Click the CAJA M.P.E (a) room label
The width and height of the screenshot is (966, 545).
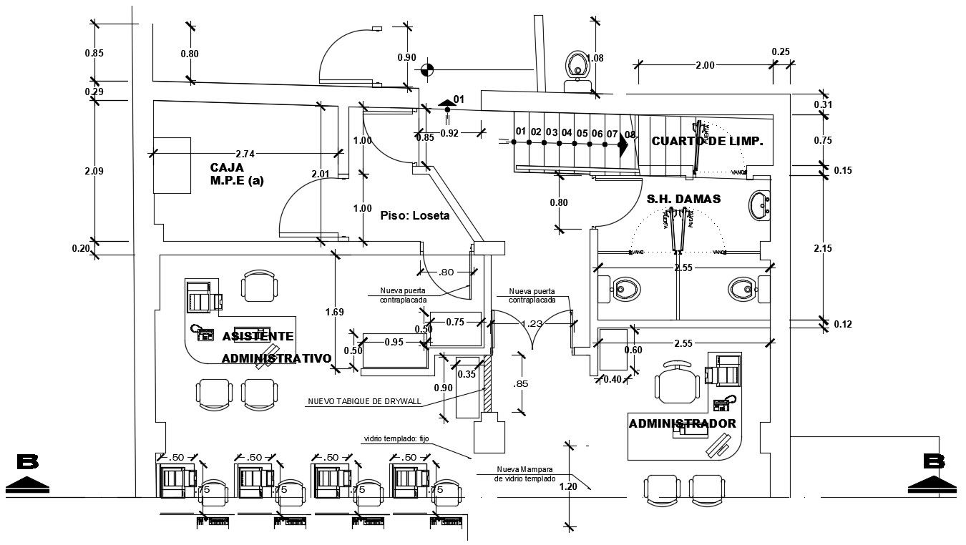236,174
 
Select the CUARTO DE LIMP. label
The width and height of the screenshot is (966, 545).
707,142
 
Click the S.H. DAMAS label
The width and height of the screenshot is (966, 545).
683,199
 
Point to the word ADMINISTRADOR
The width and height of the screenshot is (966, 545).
682,423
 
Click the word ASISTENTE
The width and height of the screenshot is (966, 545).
258,336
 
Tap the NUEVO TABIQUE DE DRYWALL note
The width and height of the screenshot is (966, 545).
364,401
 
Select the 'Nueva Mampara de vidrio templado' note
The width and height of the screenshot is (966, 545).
525,473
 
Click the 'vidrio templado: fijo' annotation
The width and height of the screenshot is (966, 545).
394,438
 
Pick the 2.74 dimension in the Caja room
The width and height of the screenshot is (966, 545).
245,153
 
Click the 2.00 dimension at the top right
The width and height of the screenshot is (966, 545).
705,65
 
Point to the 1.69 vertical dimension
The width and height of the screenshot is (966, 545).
334,311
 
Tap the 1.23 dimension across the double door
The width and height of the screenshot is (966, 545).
531,323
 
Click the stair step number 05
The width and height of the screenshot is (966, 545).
582,133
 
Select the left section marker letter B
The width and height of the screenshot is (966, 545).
27,462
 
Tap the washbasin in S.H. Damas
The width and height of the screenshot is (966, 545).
759,206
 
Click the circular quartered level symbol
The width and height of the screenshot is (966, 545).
427,69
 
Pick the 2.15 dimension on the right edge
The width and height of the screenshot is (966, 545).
823,248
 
